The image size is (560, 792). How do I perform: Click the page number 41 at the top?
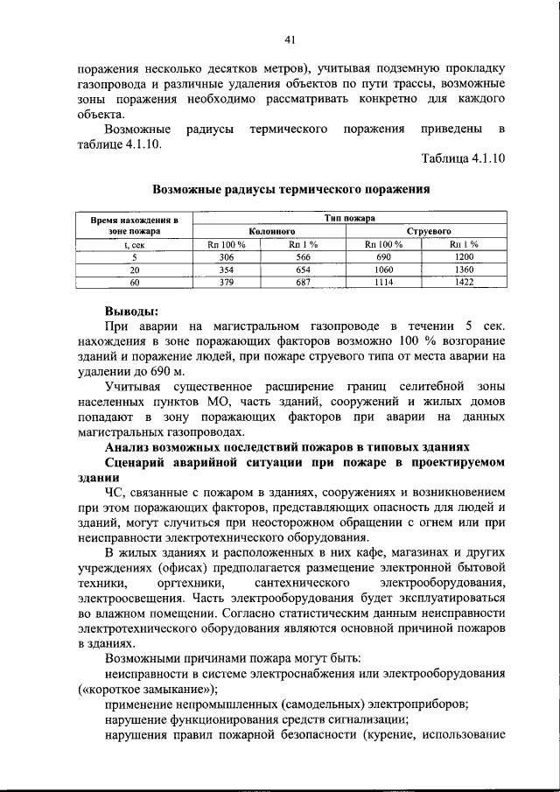[290, 39]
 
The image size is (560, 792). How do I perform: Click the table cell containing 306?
[227, 257]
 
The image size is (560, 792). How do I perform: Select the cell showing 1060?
[383, 270]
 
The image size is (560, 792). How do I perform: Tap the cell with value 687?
[304, 284]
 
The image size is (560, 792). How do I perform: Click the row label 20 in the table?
[135, 270]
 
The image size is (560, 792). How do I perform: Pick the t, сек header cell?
[135, 244]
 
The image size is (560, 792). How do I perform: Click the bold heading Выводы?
[132, 310]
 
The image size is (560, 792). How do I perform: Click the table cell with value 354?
[227, 270]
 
